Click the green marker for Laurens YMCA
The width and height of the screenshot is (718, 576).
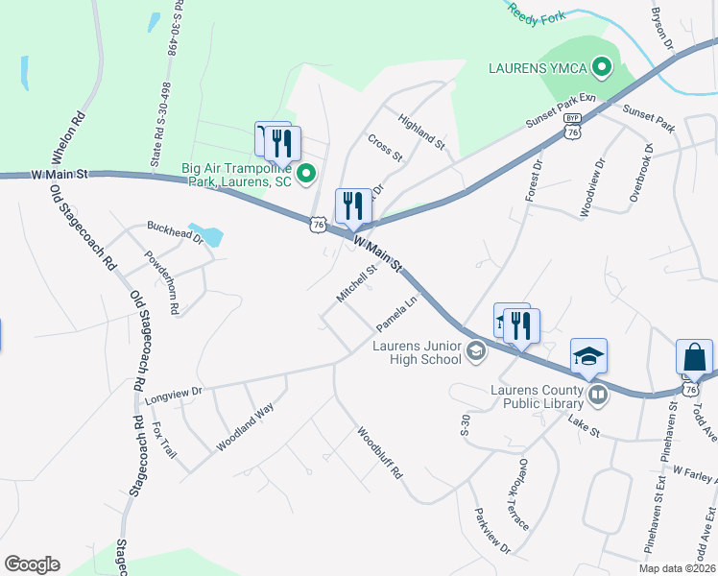602,67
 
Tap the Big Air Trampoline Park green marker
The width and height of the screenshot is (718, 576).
306,174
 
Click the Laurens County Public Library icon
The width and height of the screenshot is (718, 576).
598,395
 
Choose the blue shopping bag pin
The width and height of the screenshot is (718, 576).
693,358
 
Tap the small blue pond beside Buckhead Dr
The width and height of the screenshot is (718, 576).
207,235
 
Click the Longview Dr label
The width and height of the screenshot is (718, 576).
173,393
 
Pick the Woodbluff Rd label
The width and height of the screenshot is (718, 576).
379,453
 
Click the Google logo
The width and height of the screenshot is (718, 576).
32,564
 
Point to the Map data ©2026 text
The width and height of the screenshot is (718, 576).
677,568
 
